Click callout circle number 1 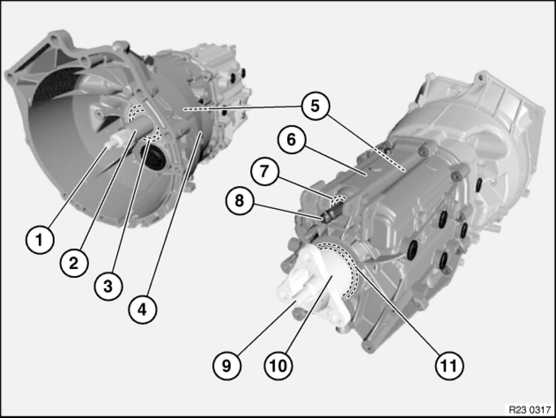coord(39,240)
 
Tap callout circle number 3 coord(108,287)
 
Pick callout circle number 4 coord(143,310)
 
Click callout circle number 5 coord(315,106)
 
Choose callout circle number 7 coord(264,171)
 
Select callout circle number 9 coord(227,366)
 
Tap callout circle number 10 coord(278,366)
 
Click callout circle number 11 coord(449,366)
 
